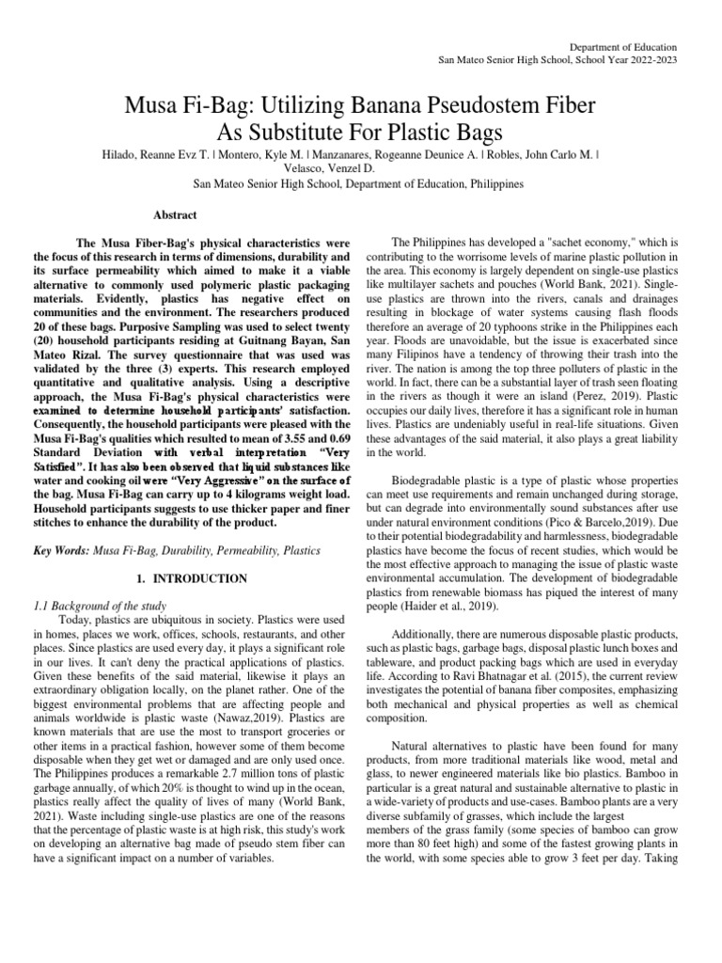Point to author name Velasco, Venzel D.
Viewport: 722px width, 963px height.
click(361, 168)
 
